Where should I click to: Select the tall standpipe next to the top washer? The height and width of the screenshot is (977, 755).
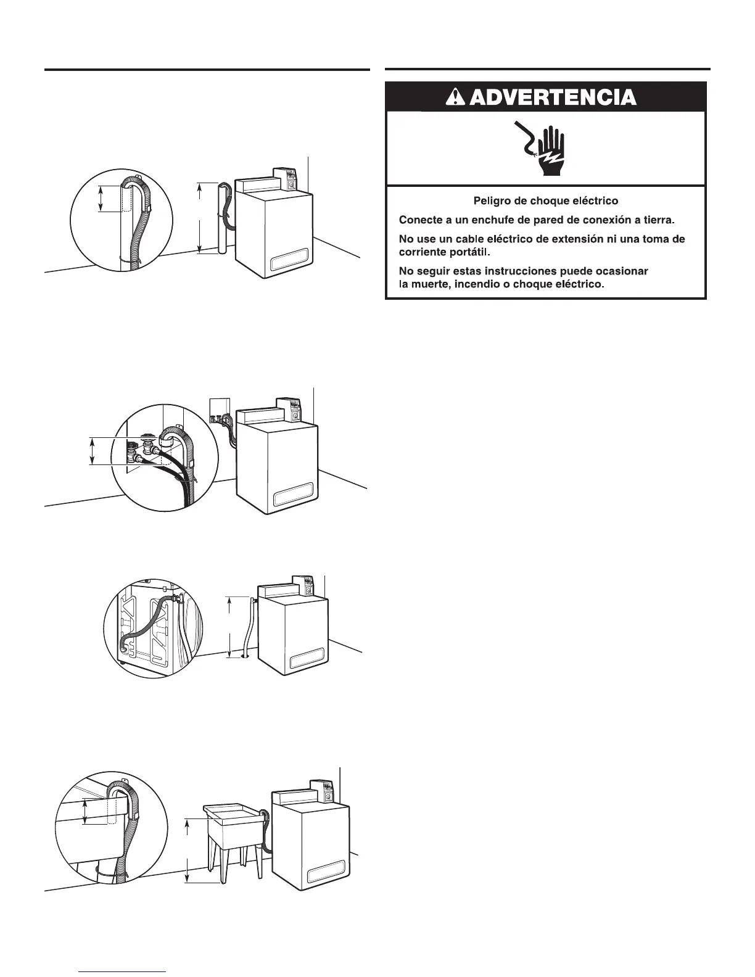point(222,219)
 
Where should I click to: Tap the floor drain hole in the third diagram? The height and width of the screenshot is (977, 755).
point(245,656)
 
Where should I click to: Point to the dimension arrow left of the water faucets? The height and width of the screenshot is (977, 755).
point(92,450)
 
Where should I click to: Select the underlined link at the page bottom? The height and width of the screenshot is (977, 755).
point(124,971)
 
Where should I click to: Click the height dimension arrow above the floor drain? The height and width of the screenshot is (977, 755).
point(229,626)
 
